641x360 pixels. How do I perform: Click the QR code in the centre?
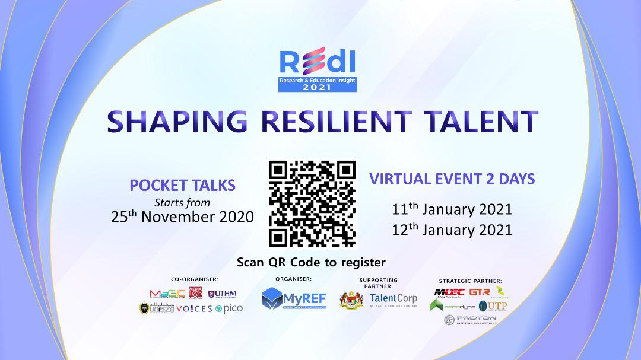312,203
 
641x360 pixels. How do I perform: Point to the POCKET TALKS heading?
183,185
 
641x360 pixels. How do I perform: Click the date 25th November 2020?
183,216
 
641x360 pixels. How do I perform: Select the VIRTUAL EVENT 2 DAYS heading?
452,179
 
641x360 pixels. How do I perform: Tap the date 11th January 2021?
452,209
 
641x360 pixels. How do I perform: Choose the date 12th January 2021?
452,230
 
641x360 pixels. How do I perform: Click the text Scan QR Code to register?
311,262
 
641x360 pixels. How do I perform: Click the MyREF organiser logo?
294,298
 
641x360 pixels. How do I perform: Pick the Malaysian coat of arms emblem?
351,300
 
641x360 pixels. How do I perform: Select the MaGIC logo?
167,293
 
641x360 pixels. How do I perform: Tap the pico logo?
231,308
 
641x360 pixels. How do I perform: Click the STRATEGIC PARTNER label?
470,281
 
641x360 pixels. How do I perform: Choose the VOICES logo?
194,308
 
